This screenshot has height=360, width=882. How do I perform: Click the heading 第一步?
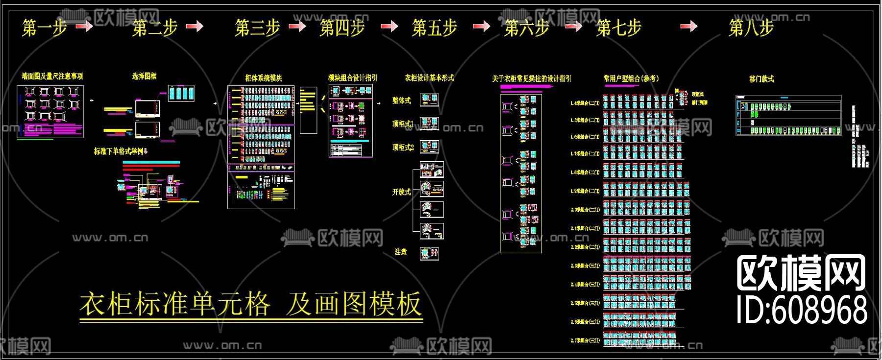pyautogui.click(x=44, y=28)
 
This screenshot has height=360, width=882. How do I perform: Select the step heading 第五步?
pyautogui.click(x=434, y=28)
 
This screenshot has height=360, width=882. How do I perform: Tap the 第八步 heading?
pyautogui.click(x=751, y=28)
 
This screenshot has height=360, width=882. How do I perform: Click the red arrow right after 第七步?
pyautogui.click(x=688, y=26)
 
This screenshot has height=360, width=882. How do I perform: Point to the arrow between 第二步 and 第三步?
pyautogui.click(x=195, y=26)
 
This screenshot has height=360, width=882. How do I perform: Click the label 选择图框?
pyautogui.click(x=144, y=76)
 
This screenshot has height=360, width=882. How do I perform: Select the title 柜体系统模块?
pyautogui.click(x=264, y=78)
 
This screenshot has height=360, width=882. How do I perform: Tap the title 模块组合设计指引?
pyautogui.click(x=353, y=78)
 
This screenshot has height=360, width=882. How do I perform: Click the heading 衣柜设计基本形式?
pyautogui.click(x=429, y=78)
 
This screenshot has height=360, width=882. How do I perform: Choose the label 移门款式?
pyautogui.click(x=762, y=79)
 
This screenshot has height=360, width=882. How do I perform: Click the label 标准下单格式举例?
pyautogui.click(x=121, y=151)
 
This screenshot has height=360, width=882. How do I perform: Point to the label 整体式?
pyautogui.click(x=402, y=100)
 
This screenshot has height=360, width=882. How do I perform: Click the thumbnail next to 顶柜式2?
pyautogui.click(x=430, y=146)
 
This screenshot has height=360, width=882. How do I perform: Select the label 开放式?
pyautogui.click(x=402, y=192)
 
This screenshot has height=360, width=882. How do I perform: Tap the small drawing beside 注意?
pyautogui.click(x=430, y=253)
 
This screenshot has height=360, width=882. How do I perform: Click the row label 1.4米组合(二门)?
pyautogui.click(x=585, y=103)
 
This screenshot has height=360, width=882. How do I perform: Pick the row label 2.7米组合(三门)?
pyautogui.click(x=585, y=340)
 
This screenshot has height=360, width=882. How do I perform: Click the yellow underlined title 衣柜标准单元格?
pyautogui.click(x=175, y=304)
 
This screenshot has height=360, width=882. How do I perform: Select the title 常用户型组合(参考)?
pyautogui.click(x=631, y=78)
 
